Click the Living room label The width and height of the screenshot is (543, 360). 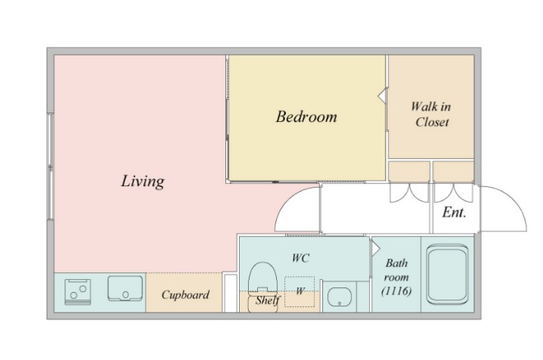(143, 181)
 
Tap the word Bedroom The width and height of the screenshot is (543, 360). (306, 116)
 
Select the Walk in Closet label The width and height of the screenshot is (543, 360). (432, 114)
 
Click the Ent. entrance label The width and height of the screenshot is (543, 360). (454, 213)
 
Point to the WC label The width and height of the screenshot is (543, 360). (300, 258)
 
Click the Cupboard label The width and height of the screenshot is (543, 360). (185, 295)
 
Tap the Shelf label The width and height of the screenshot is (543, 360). (267, 299)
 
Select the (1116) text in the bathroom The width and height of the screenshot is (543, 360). (396, 290)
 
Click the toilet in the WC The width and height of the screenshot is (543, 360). (263, 287)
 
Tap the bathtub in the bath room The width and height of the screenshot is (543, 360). (448, 274)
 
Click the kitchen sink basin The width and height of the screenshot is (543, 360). (125, 288)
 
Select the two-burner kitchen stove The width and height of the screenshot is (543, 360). (78, 292)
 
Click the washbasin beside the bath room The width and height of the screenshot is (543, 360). (340, 297)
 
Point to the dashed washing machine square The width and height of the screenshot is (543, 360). (299, 291)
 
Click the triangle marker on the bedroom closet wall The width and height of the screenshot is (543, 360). (382, 95)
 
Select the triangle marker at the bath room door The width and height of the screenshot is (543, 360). (376, 249)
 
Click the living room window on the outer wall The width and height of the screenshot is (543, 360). (50, 166)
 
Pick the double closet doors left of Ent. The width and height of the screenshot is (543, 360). (409, 193)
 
